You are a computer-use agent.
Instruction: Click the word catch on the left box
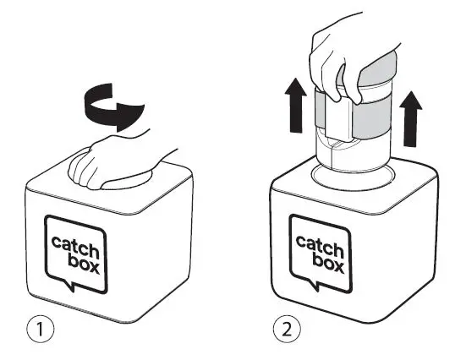coord(75,243)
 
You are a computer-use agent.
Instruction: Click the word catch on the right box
coord(320,243)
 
